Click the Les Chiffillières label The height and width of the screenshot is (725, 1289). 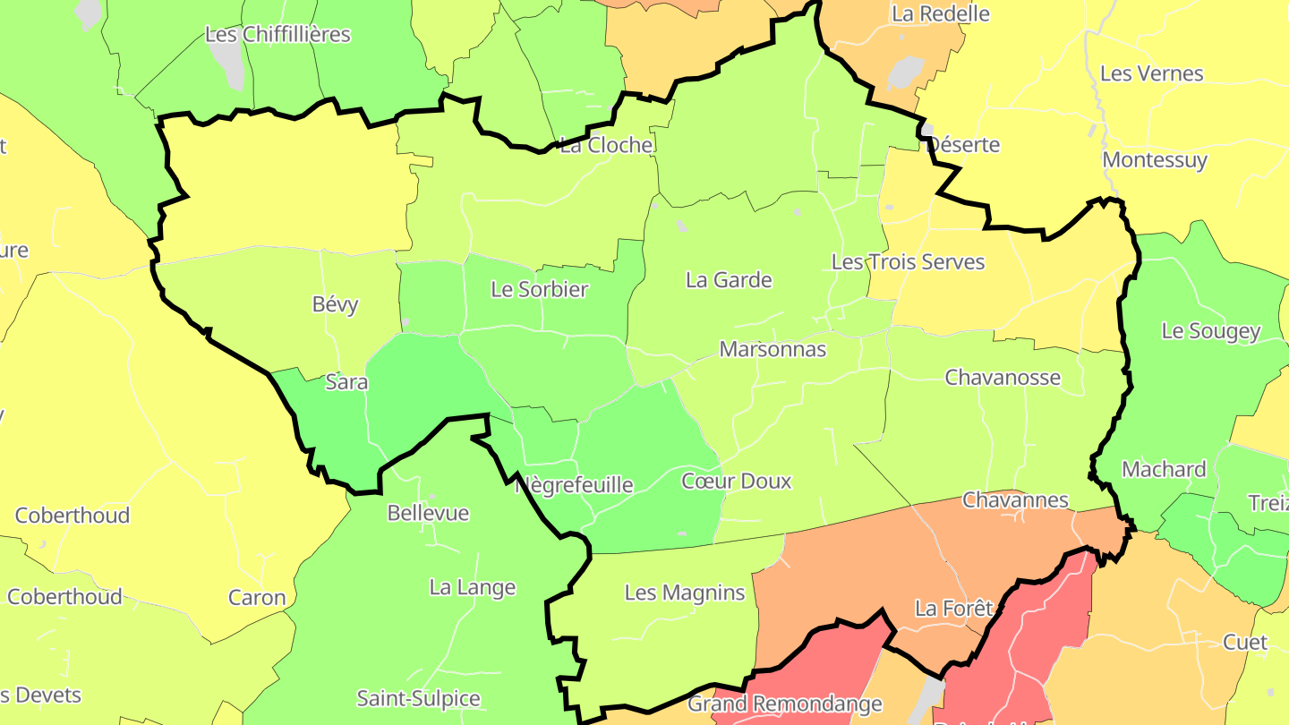click(x=277, y=35)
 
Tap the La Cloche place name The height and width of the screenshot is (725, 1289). click(x=606, y=145)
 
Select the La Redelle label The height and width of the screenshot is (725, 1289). click(x=940, y=13)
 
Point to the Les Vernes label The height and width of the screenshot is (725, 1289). click(x=1151, y=73)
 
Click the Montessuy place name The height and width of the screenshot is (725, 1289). click(x=1155, y=160)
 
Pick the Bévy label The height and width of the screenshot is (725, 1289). click(x=336, y=304)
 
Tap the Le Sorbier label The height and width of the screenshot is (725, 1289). click(x=540, y=289)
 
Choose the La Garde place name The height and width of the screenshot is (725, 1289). click(x=729, y=280)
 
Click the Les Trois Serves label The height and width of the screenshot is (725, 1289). click(x=908, y=262)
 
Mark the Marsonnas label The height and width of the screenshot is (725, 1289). click(x=773, y=349)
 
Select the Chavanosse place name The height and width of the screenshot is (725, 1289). click(x=1003, y=378)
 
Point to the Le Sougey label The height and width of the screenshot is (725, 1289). click(x=1210, y=331)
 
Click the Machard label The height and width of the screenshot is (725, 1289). click(x=1164, y=469)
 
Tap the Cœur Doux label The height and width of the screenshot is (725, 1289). click(x=737, y=482)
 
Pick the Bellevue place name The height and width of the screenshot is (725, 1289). click(x=428, y=513)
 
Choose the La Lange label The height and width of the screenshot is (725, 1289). click(x=473, y=588)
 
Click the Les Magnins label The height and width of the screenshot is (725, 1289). click(x=685, y=593)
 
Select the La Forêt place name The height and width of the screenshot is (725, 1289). click(x=953, y=609)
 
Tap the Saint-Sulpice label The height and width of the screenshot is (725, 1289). click(x=419, y=698)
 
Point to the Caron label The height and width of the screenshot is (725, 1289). click(x=257, y=598)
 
